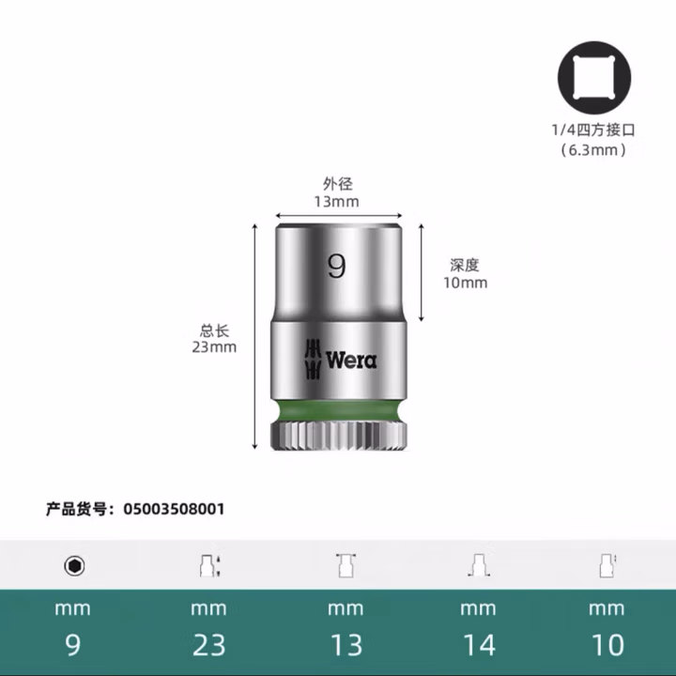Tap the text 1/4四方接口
tap(592, 131)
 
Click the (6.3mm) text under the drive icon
tap(592, 149)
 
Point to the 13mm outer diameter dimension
tap(336, 201)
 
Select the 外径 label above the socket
tap(336, 184)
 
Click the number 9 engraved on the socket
tap(336, 267)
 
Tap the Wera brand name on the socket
tap(351, 360)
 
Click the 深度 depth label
tap(465, 266)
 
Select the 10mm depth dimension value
tap(465, 283)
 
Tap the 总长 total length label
tap(214, 330)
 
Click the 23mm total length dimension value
tap(214, 347)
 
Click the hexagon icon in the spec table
tap(73, 566)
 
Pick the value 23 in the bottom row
tap(208, 645)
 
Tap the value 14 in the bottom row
tap(477, 645)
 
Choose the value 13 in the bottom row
tap(345, 645)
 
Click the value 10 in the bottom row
tap(607, 645)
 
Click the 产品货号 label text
tap(79, 509)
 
